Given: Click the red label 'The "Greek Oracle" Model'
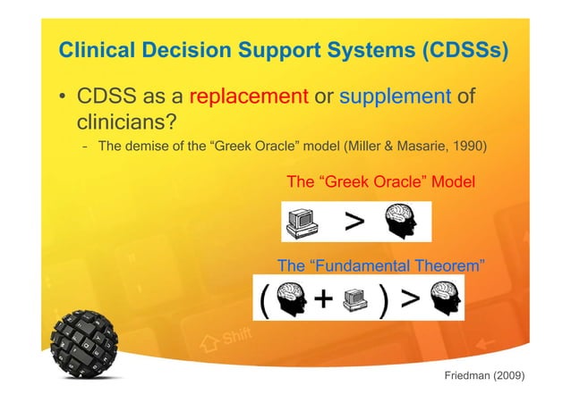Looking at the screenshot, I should coord(379,182).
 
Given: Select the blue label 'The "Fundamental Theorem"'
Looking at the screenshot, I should coord(382,266).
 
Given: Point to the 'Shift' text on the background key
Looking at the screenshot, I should coord(235,337).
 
